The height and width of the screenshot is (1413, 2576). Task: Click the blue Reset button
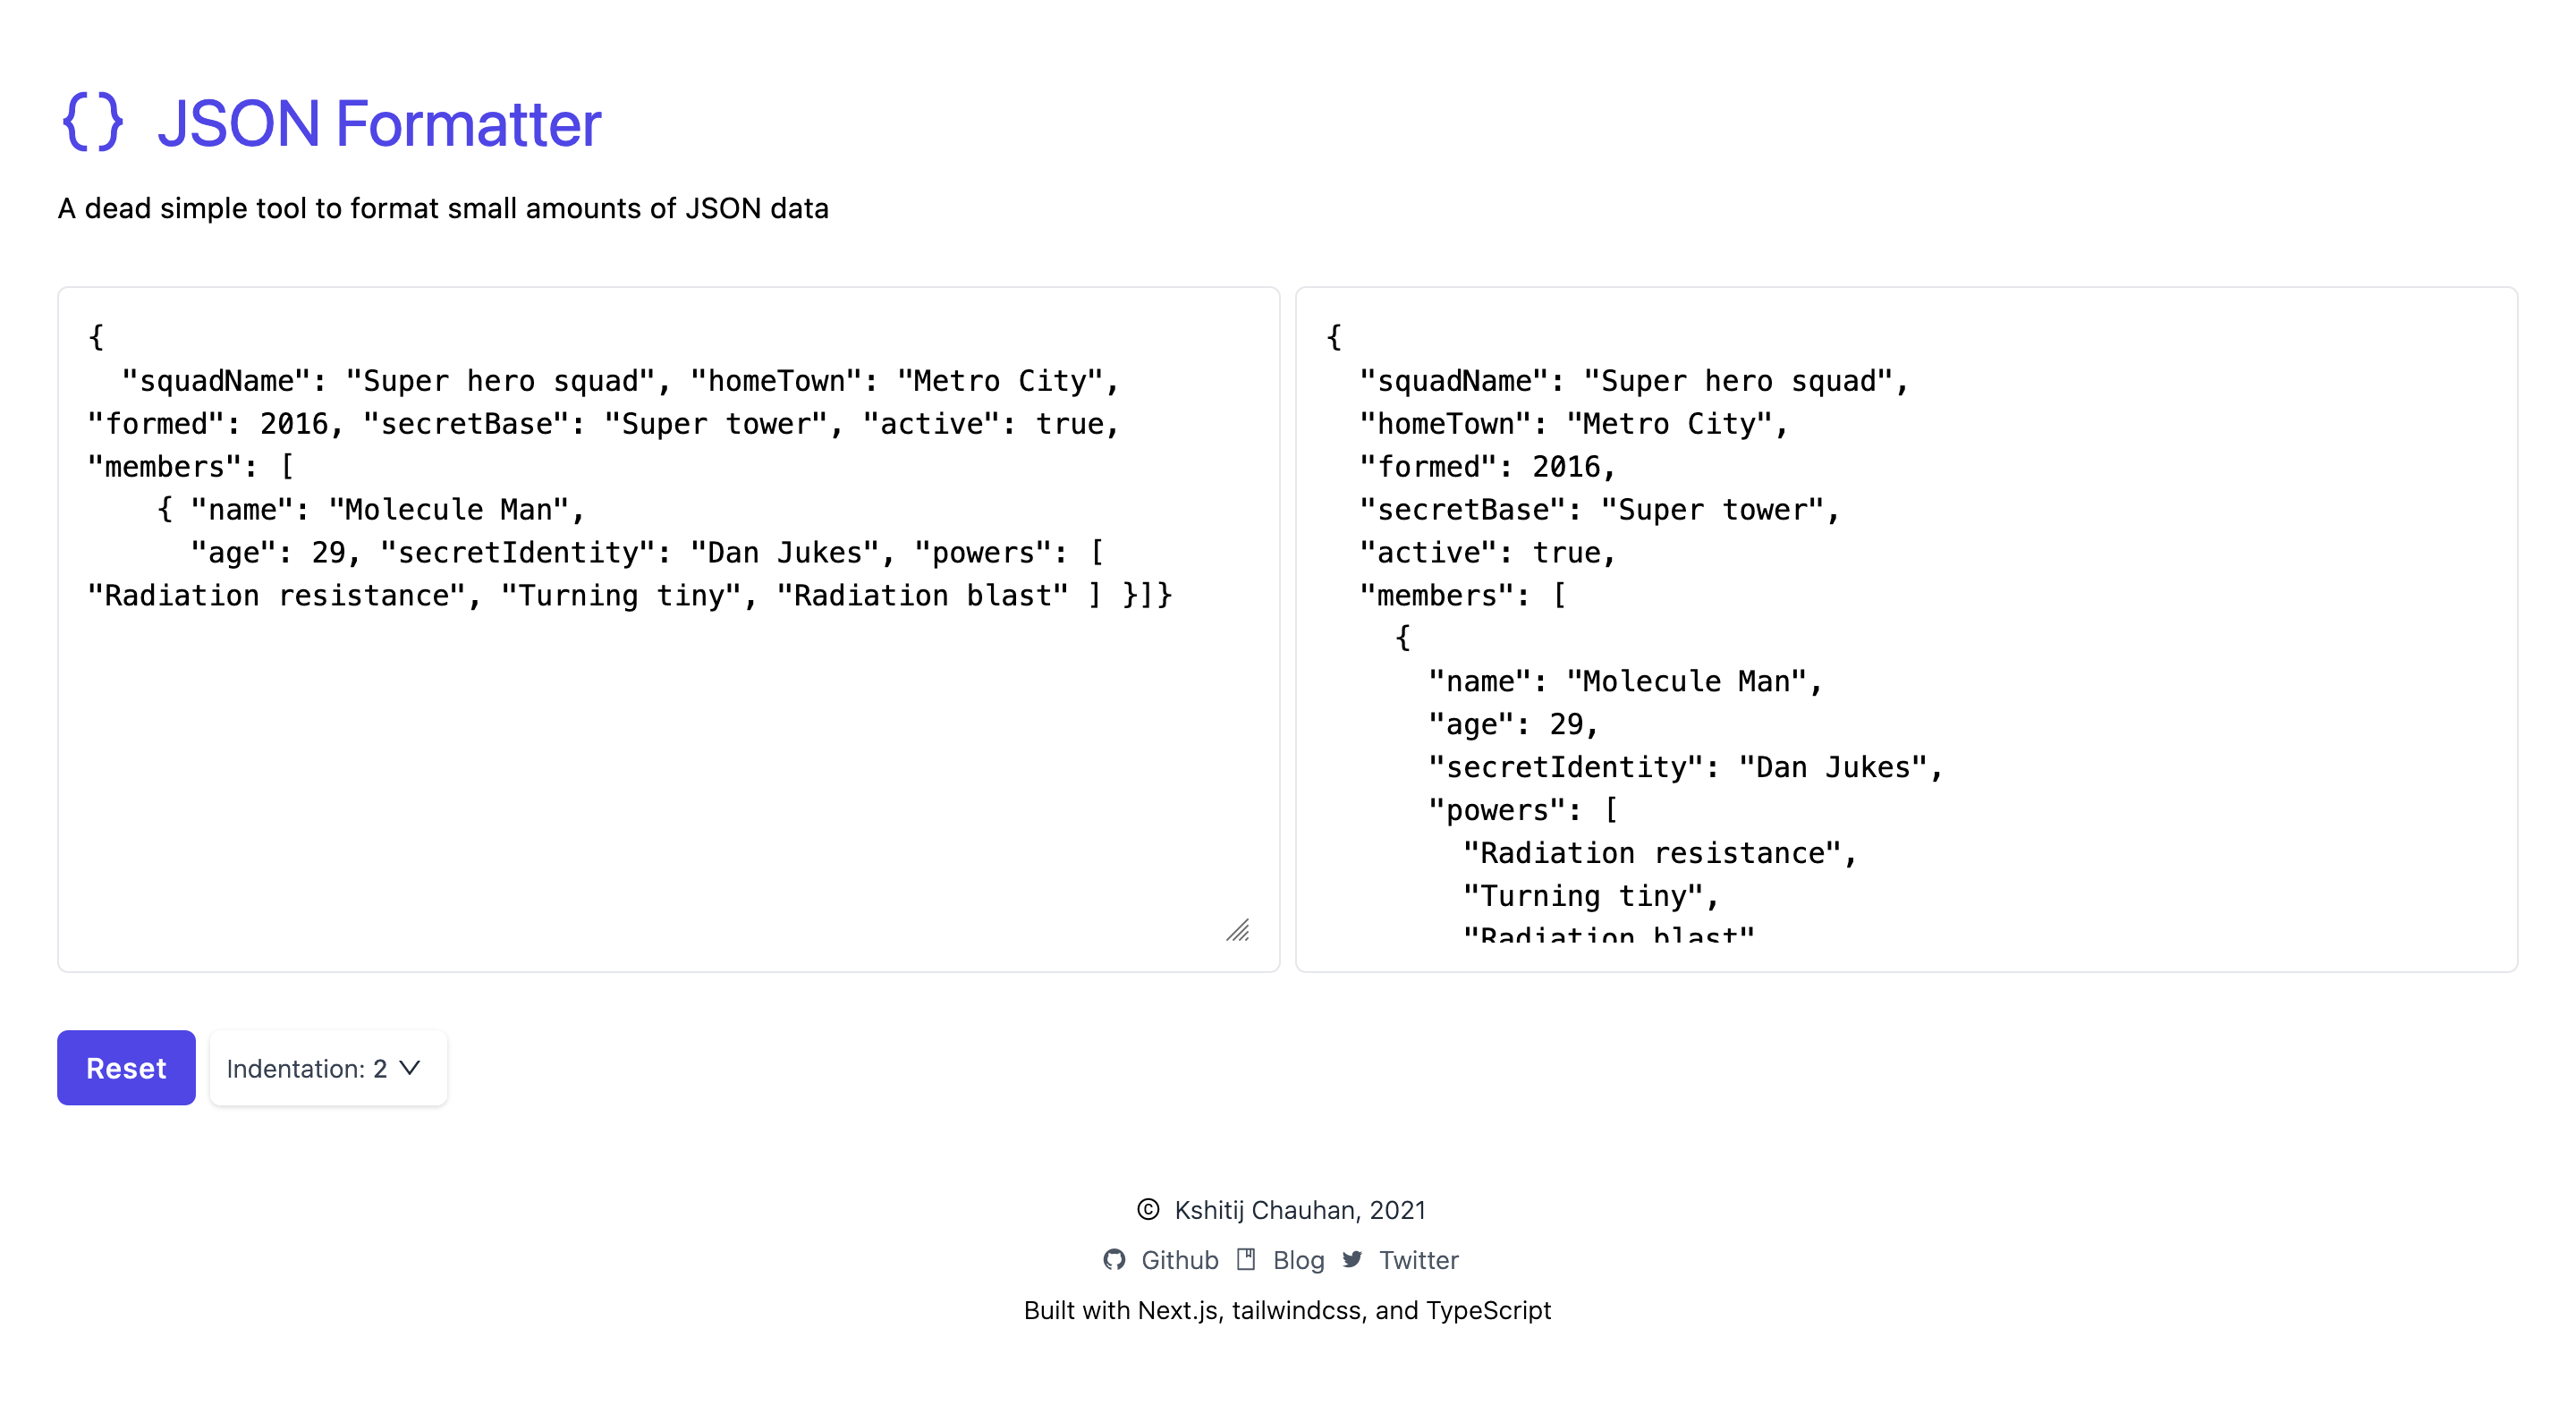pos(126,1067)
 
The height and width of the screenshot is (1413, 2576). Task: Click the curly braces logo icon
pos(93,122)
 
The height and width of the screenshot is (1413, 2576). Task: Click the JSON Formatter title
pos(379,124)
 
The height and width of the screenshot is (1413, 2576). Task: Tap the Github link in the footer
pos(1179,1259)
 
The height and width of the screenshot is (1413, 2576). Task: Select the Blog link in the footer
pos(1298,1259)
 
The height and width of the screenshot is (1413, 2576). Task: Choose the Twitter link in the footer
pos(1418,1259)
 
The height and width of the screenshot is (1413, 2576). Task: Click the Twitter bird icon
pos(1352,1259)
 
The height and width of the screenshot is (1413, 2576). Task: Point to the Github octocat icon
pos(1114,1259)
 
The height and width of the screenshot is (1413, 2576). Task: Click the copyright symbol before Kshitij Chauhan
pos(1148,1209)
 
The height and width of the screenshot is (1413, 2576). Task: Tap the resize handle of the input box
pos(1238,931)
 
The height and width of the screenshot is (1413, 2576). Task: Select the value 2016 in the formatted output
pos(1566,467)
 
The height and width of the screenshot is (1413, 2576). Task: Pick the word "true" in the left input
pos(1069,424)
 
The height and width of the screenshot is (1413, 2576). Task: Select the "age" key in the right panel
pos(1470,724)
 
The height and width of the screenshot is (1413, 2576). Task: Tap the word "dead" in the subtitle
pos(118,208)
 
